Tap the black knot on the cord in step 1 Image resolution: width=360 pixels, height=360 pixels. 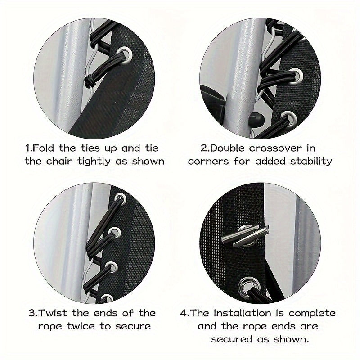(x=90, y=81)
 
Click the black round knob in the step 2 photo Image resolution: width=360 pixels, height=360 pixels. (x=256, y=119)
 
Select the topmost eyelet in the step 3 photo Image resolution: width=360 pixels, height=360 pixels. (x=121, y=198)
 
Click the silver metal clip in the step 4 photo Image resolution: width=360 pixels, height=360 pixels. (x=245, y=235)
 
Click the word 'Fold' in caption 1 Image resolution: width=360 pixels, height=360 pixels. (x=43, y=148)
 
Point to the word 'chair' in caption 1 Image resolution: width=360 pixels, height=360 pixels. (x=59, y=161)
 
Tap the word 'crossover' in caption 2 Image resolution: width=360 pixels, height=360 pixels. (x=275, y=148)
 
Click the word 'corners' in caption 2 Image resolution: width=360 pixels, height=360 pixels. (x=208, y=162)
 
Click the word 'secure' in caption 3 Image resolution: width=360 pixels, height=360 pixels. (x=133, y=327)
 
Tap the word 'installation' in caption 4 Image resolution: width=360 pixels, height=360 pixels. (x=243, y=313)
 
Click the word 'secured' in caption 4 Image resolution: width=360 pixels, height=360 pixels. (x=231, y=339)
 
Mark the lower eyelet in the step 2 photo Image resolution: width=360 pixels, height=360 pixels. (x=289, y=118)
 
